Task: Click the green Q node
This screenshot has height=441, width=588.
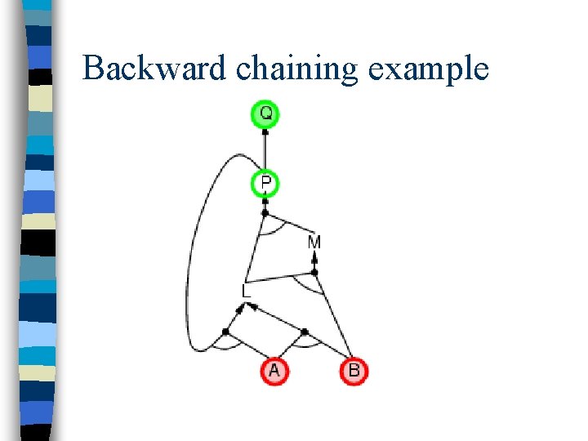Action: [x=265, y=114]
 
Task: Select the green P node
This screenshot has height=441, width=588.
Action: [x=265, y=184]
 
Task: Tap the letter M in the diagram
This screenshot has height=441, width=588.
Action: [x=314, y=243]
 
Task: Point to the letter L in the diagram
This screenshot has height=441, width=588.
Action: [x=246, y=290]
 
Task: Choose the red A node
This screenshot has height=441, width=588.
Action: [x=274, y=371]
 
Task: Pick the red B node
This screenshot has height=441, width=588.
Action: [x=354, y=371]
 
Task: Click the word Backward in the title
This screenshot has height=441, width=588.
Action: [x=155, y=68]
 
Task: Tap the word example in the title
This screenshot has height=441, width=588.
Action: [x=428, y=69]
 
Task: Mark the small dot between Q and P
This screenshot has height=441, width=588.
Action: [x=265, y=131]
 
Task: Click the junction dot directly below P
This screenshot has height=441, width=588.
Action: [x=265, y=213]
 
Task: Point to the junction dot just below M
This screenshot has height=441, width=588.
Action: [x=314, y=273]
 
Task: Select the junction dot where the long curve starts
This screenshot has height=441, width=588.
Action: [x=225, y=331]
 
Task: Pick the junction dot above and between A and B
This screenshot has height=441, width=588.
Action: [x=305, y=332]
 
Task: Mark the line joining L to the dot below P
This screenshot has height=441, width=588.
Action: [x=256, y=249]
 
